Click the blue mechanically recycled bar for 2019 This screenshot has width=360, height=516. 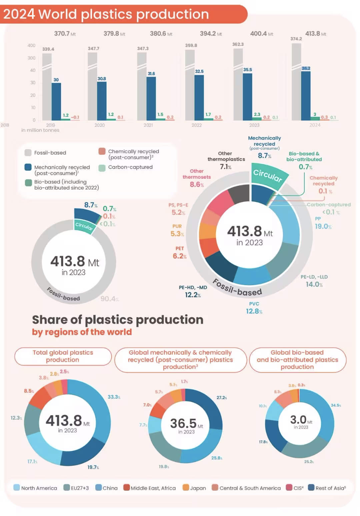56,101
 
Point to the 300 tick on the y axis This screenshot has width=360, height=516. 31,58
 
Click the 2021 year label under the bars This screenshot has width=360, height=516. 148,125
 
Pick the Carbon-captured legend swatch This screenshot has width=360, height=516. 102,168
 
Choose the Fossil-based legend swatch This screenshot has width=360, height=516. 28,153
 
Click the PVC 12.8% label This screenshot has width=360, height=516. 254,308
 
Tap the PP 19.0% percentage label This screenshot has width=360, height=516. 323,226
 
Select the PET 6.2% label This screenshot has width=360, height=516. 179,256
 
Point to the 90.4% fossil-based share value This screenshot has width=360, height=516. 109,299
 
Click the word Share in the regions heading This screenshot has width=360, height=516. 50,320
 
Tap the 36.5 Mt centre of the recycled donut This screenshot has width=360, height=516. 186,424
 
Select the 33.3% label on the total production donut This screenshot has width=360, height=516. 114,397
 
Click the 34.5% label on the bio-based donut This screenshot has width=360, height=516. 336,405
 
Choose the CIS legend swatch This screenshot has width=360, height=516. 289,488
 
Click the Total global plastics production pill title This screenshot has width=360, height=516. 63,356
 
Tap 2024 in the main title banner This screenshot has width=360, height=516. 19,14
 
